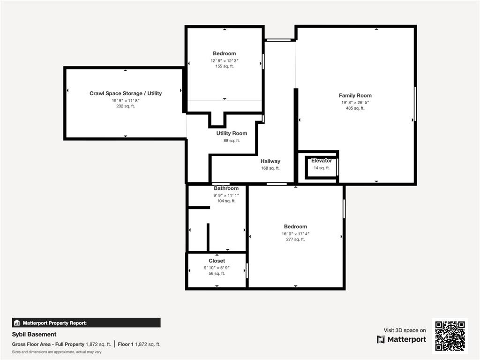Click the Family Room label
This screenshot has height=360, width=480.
click(355, 96)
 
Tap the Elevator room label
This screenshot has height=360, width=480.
click(322, 161)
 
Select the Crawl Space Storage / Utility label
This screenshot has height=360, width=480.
click(126, 93)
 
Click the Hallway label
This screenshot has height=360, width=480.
click(270, 161)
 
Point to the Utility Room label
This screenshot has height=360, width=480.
click(232, 134)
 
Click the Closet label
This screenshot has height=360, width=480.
click(217, 261)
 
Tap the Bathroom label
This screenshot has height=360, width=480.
click(226, 188)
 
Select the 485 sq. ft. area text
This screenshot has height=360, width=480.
click(355, 108)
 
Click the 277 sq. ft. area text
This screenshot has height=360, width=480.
click(295, 240)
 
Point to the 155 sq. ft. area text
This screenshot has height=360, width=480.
click(225, 67)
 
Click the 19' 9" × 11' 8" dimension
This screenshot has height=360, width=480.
click(126, 100)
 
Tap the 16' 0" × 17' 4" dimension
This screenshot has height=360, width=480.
click(295, 233)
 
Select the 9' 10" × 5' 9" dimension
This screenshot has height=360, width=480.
click(217, 268)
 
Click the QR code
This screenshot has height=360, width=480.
click(450, 336)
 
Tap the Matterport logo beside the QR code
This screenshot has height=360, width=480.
click(402, 339)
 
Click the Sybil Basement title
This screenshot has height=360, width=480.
click(34, 334)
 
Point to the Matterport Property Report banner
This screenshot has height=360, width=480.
click(86, 322)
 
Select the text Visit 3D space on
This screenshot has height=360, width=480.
click(405, 330)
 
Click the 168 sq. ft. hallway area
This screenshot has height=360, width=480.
click(270, 168)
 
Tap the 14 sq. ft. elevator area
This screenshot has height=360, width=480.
click(322, 168)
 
